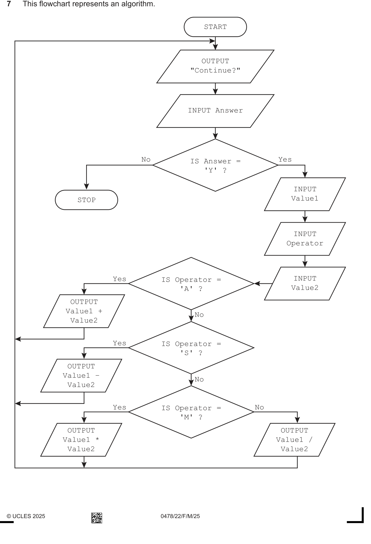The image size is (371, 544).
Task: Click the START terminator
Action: click(215, 27)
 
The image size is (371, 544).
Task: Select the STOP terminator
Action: click(86, 200)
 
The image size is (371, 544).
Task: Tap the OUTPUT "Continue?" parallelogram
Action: click(215, 66)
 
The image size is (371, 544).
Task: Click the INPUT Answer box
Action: click(215, 111)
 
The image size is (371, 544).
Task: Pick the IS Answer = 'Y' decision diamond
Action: click(215, 165)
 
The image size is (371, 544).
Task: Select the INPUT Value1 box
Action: click(305, 194)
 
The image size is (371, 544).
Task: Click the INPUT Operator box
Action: click(305, 239)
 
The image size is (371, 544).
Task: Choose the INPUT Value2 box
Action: click(305, 284)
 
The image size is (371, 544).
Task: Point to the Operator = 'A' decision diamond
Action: click(191, 284)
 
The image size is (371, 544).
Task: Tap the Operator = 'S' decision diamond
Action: click(191, 348)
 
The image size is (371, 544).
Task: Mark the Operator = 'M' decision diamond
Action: click(191, 412)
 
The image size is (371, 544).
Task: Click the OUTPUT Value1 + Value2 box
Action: click(84, 311)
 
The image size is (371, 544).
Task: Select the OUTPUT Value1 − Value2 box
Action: click(81, 375)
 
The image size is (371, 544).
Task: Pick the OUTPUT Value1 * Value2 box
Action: click(81, 440)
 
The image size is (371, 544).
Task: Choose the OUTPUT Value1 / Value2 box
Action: click(294, 440)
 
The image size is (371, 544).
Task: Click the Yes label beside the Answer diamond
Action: click(285, 160)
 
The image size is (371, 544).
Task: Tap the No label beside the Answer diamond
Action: click(146, 160)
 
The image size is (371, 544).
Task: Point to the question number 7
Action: click(9, 4)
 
